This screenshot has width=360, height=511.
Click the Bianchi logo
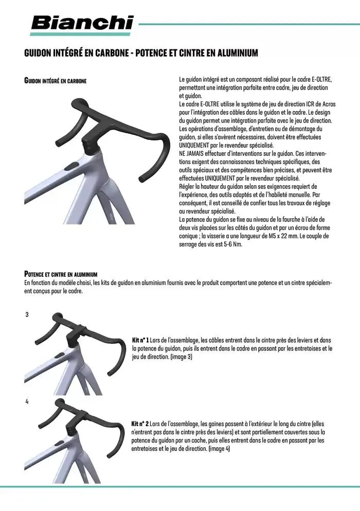[x=82, y=23]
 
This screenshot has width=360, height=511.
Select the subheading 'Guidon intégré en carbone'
[x=55, y=81]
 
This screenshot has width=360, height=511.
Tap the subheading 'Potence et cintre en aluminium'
[x=61, y=274]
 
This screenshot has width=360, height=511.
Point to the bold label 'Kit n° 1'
[x=140, y=341]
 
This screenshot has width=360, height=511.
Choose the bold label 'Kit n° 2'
[x=140, y=425]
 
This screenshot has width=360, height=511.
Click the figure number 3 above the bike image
[x=27, y=314]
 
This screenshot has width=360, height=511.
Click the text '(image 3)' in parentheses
[x=181, y=356]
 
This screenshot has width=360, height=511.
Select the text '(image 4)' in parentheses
[x=219, y=449]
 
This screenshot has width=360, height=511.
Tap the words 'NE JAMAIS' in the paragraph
[x=191, y=153]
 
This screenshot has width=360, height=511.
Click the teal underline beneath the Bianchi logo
[x=82, y=34]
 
